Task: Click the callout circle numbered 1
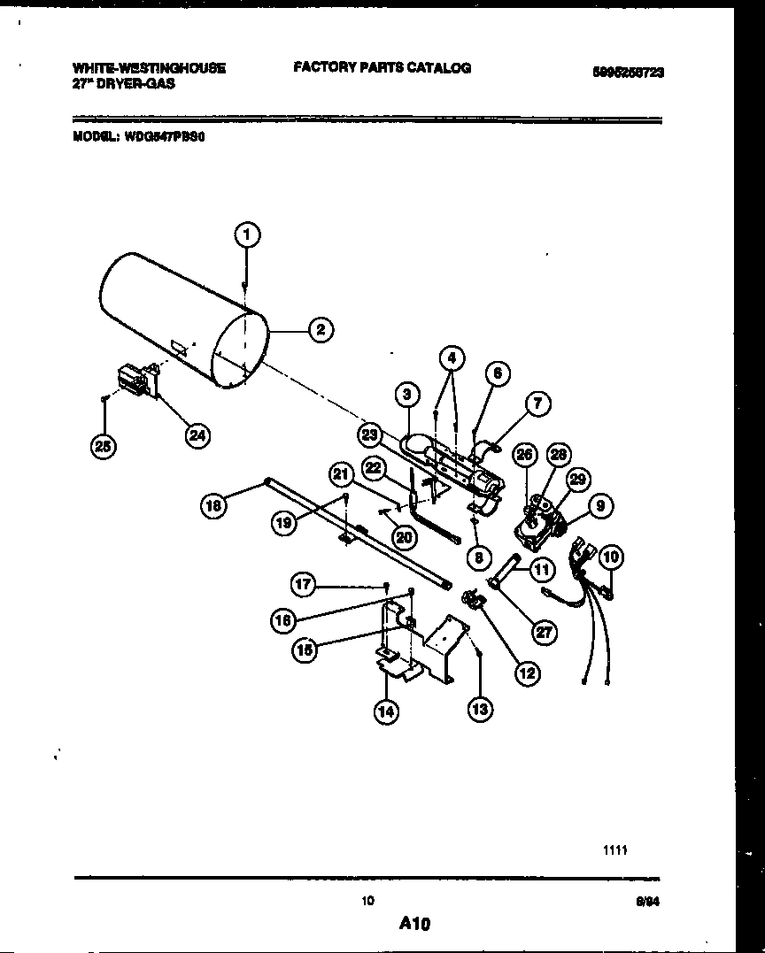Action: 247,234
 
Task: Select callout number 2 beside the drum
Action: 320,330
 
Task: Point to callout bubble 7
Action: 537,404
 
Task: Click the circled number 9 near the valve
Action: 600,507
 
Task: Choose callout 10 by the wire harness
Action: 610,557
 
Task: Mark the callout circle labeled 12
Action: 527,673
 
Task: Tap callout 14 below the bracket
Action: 385,711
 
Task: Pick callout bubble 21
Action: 341,475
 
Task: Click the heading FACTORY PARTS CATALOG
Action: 382,67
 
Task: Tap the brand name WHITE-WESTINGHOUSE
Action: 149,67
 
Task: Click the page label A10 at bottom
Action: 413,924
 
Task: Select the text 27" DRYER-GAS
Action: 123,83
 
